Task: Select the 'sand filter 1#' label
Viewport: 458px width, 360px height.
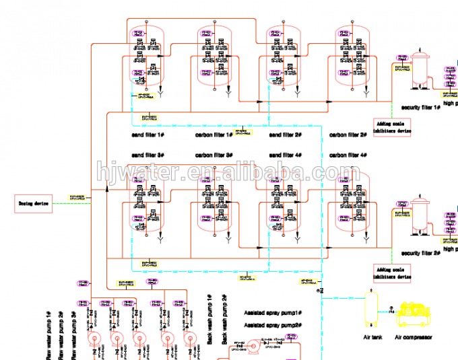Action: click(x=148, y=135)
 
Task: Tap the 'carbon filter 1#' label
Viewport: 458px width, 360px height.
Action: click(x=214, y=135)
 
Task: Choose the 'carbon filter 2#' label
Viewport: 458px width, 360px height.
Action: click(x=348, y=135)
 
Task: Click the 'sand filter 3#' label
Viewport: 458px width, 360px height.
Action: click(x=148, y=155)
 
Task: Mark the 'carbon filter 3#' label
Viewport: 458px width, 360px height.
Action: click(x=214, y=155)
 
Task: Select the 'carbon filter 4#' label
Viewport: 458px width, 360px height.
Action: click(x=348, y=155)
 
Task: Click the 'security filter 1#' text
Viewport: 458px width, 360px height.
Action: click(x=421, y=106)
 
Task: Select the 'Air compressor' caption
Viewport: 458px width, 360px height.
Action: click(x=414, y=338)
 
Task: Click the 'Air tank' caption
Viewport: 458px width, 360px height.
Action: click(x=372, y=338)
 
